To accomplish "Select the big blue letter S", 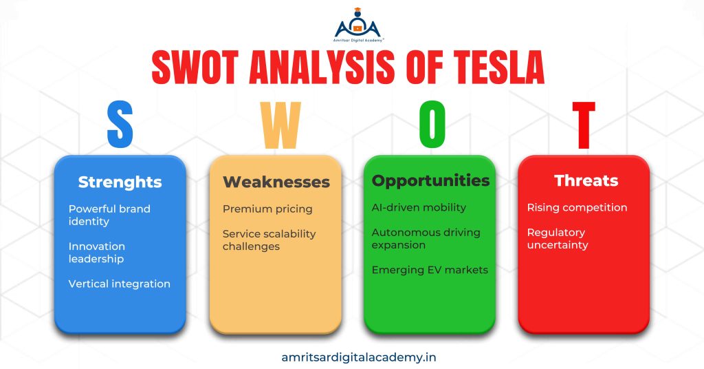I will [120, 126].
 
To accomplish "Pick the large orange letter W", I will [280, 126].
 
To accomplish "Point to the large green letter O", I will [432, 126].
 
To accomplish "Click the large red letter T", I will [584, 126].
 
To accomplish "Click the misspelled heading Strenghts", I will [120, 182].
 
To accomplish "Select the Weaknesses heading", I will [276, 182].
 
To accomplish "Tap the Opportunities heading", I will [430, 180].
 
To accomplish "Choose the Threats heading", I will [586, 180].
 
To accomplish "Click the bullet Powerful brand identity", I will [109, 215].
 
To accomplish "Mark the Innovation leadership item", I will [96, 252].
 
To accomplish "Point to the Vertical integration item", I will [119, 284].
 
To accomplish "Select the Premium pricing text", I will [267, 209].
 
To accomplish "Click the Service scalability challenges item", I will [269, 240].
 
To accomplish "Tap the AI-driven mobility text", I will [419, 207].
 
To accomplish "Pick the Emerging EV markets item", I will [430, 270].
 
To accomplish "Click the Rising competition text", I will [577, 207].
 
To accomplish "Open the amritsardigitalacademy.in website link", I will [359, 357].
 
